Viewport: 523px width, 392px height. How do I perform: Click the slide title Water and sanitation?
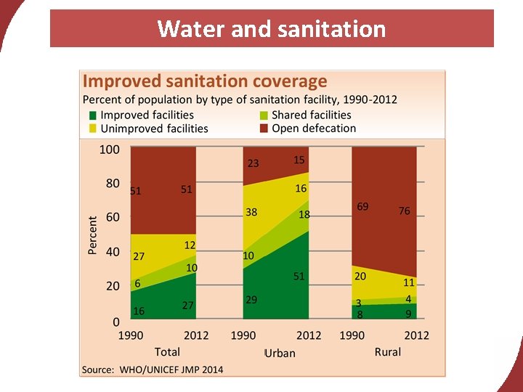click(x=272, y=29)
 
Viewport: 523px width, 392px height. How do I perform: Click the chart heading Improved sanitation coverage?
click(x=205, y=81)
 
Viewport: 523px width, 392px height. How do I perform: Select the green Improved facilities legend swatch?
click(x=92, y=115)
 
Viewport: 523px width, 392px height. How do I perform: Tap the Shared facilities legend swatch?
click(x=265, y=115)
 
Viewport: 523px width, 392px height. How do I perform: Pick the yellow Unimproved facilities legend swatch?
click(x=92, y=128)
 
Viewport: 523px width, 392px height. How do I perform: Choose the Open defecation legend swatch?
click(x=265, y=128)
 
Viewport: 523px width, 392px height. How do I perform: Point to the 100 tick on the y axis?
click(x=109, y=150)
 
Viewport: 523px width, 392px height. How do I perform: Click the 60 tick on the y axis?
click(x=112, y=217)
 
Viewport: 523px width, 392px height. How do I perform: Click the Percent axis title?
click(x=93, y=234)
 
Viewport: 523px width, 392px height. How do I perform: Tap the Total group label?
click(x=167, y=352)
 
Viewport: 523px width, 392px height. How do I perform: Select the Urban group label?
click(x=280, y=353)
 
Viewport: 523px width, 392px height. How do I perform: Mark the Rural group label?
click(x=388, y=352)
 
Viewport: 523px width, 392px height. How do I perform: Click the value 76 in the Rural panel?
click(x=405, y=211)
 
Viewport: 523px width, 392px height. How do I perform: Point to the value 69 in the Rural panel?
click(x=362, y=207)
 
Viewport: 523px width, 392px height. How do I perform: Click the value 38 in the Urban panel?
click(x=251, y=213)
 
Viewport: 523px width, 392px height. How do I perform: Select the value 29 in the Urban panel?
click(x=251, y=299)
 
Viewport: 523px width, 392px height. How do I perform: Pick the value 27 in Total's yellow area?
click(x=137, y=256)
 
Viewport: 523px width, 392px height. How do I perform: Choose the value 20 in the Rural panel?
click(x=360, y=277)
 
